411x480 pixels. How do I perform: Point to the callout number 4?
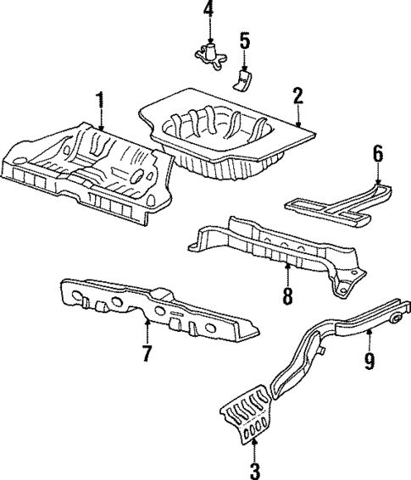208,12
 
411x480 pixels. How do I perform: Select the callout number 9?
369,361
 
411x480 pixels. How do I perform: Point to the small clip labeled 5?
243,78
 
